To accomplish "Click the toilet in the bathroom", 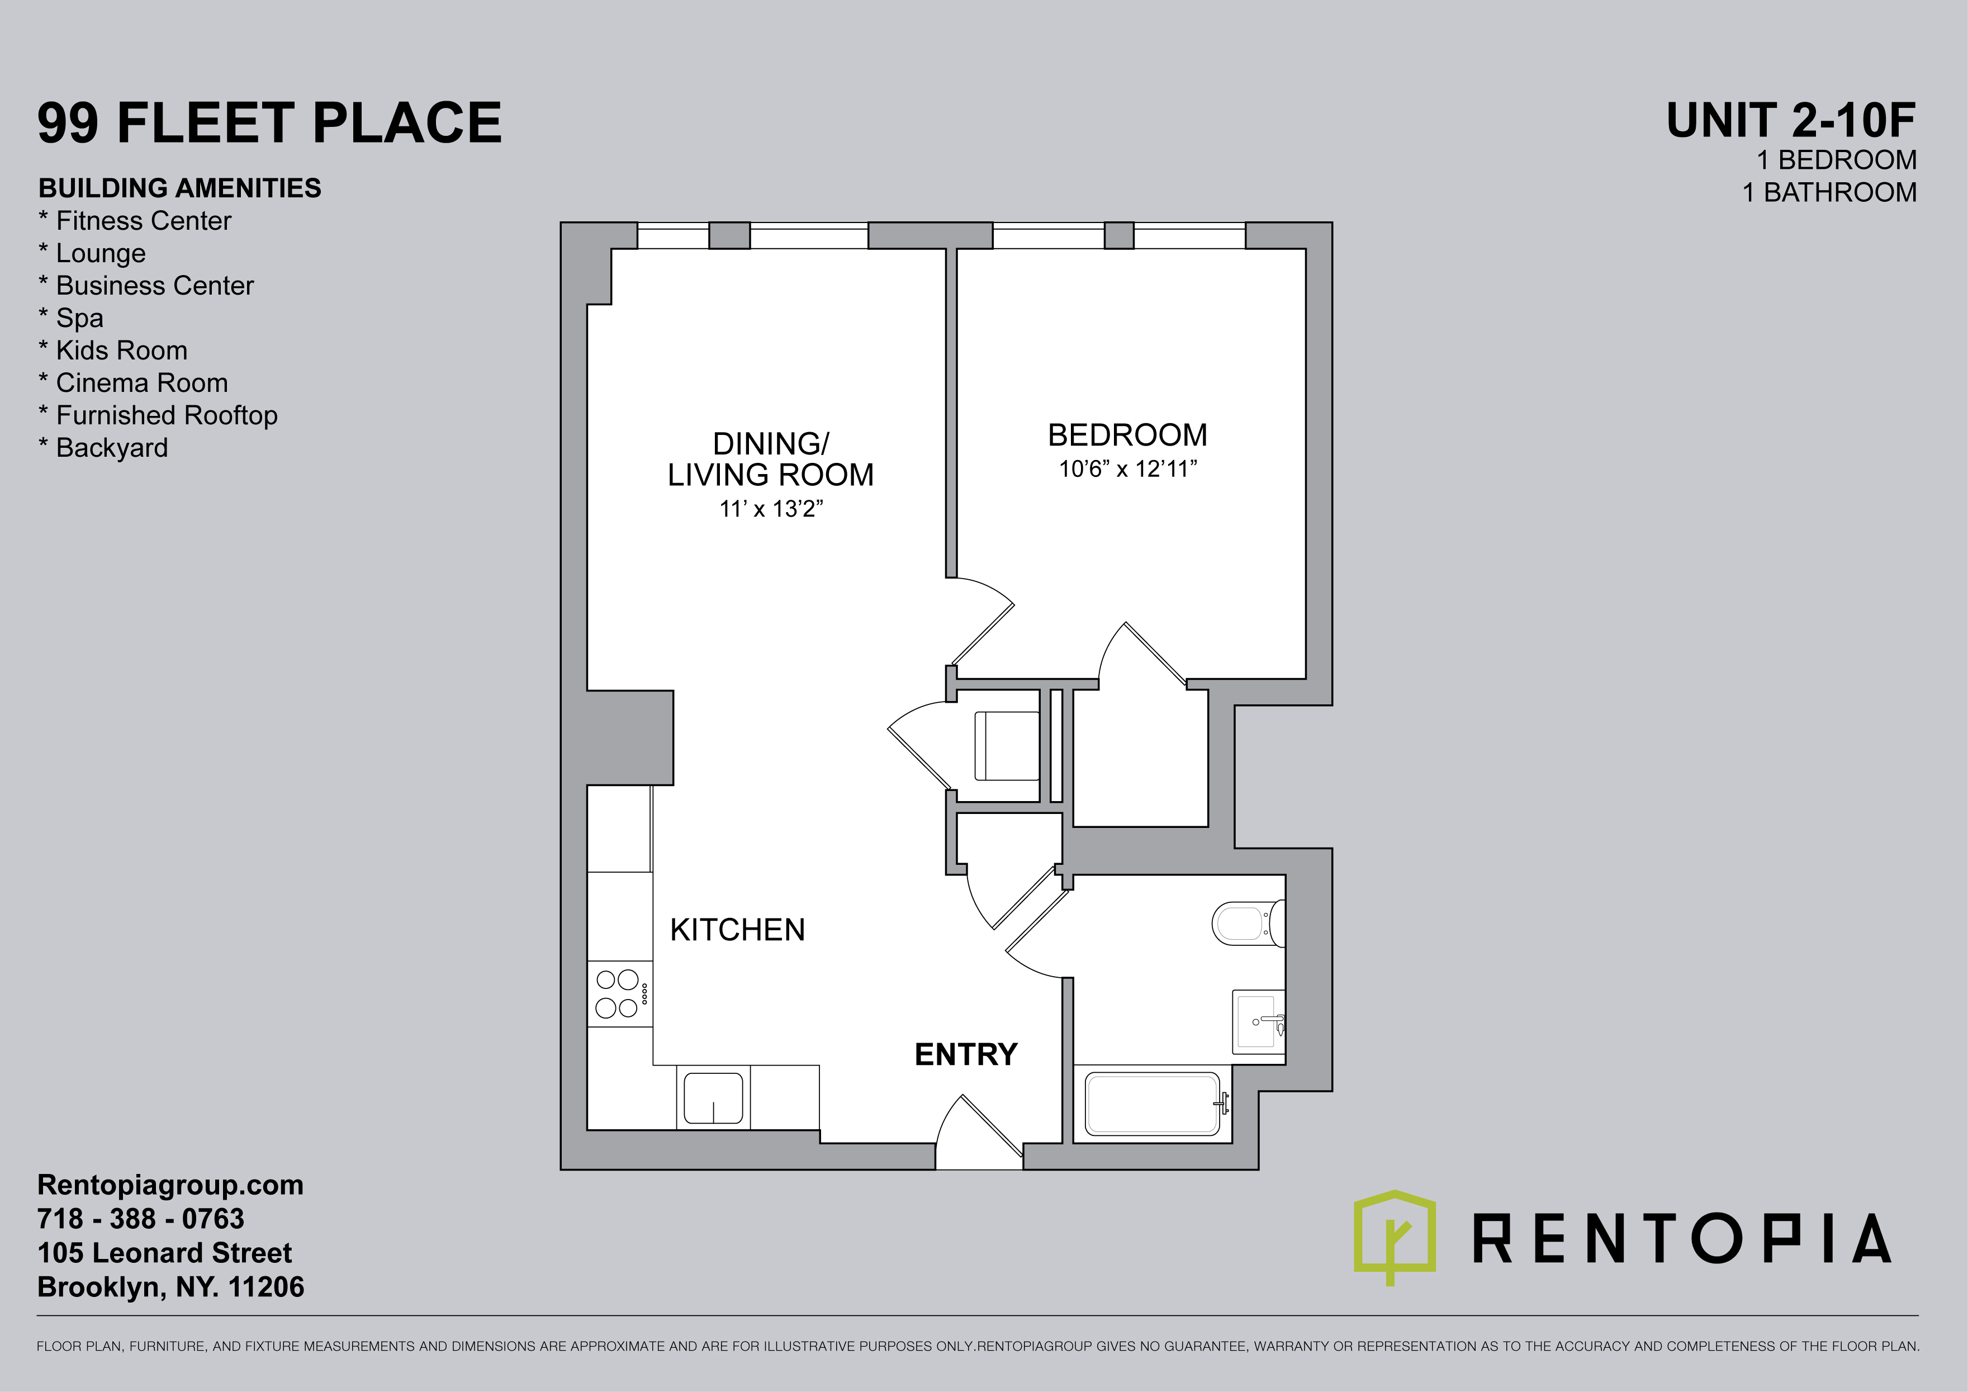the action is (x=1248, y=923).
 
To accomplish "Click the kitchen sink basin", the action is (x=713, y=1097).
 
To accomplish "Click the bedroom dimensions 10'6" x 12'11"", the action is (x=1127, y=469).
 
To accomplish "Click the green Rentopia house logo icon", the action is (x=1395, y=1236).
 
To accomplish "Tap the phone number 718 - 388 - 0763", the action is (x=141, y=1218).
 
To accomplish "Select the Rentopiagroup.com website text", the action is (x=170, y=1185).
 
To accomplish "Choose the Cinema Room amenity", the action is (x=134, y=382).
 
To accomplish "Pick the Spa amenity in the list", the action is (x=71, y=318).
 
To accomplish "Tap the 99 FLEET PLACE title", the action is (x=269, y=122).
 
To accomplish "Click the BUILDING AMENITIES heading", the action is (x=180, y=188).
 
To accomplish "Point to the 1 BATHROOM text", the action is (x=1829, y=192).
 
